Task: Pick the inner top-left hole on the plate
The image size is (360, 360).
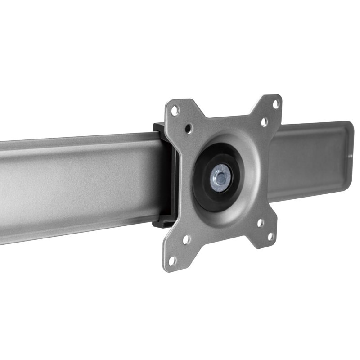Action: click(189, 128)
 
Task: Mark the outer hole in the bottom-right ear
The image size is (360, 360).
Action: click(271, 237)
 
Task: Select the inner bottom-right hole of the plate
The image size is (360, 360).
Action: click(260, 222)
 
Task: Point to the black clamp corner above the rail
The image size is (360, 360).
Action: click(158, 127)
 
